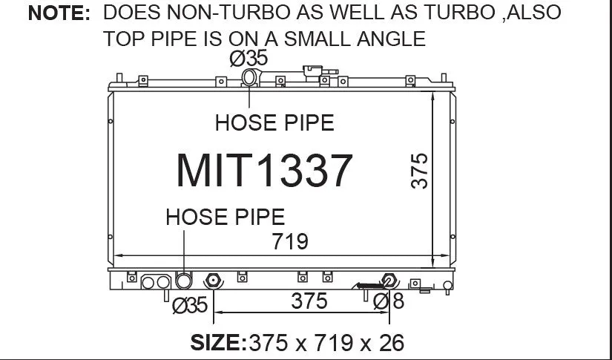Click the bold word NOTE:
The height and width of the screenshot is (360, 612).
[59, 13]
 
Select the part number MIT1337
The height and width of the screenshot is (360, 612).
[264, 171]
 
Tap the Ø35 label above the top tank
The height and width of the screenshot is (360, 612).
[249, 59]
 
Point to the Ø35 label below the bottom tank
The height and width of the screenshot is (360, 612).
[190, 305]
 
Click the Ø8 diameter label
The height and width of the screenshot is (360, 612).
[389, 301]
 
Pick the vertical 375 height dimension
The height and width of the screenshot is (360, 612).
[420, 171]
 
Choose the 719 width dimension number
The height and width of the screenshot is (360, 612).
[290, 241]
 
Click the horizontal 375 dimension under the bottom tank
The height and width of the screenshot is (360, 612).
[309, 301]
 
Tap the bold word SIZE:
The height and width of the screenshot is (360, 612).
[219, 342]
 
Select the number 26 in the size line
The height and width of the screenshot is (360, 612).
[392, 343]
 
